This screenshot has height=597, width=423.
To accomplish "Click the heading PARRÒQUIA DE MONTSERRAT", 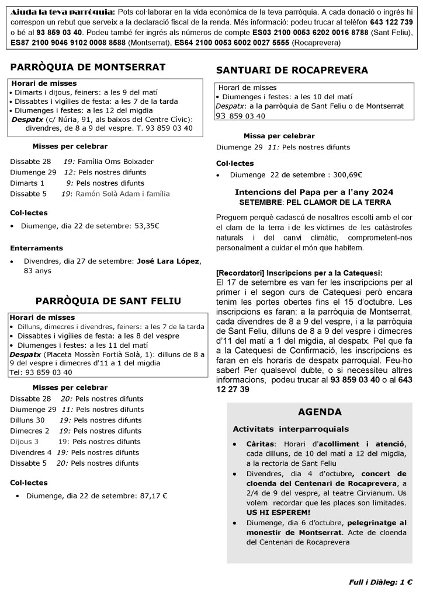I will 88,67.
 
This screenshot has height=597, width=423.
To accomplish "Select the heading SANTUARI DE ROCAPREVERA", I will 292,71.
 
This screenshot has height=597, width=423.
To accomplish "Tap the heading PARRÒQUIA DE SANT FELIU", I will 108,301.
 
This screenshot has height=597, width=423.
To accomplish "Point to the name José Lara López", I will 168,260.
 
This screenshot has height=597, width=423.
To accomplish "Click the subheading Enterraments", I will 36,248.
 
